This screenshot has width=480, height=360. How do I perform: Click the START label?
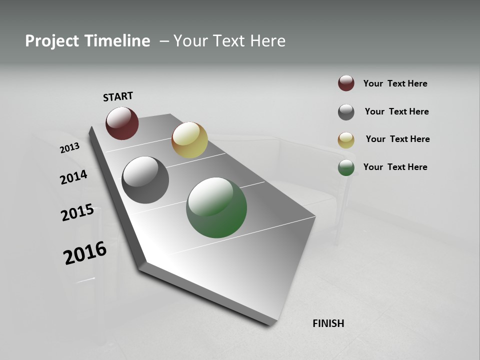click(x=118, y=96)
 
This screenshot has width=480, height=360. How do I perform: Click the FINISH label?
click(x=328, y=323)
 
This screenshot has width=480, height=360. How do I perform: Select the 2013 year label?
click(x=69, y=148)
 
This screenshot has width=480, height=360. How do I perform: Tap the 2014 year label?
click(x=73, y=177)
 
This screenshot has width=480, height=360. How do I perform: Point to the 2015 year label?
click(x=77, y=212)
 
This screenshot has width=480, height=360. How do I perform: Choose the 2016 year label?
click(x=85, y=253)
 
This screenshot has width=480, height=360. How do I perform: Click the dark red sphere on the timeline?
click(x=122, y=123)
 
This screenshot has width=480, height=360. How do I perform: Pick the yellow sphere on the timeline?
click(x=189, y=140)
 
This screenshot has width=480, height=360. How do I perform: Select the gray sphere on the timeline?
click(x=145, y=180)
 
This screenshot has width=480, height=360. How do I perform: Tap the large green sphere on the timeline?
click(x=216, y=207)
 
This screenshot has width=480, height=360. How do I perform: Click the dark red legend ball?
click(x=346, y=83)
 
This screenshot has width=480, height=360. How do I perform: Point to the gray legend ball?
click(x=346, y=112)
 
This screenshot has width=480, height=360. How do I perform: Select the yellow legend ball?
click(x=346, y=140)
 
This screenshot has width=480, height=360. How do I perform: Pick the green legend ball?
click(x=346, y=167)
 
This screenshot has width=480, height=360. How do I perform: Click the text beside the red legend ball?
click(x=395, y=83)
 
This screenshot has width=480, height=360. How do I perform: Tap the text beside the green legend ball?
click(x=395, y=167)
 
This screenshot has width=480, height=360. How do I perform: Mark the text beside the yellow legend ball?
click(x=397, y=139)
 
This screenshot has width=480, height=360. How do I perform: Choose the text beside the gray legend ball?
click(x=396, y=111)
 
